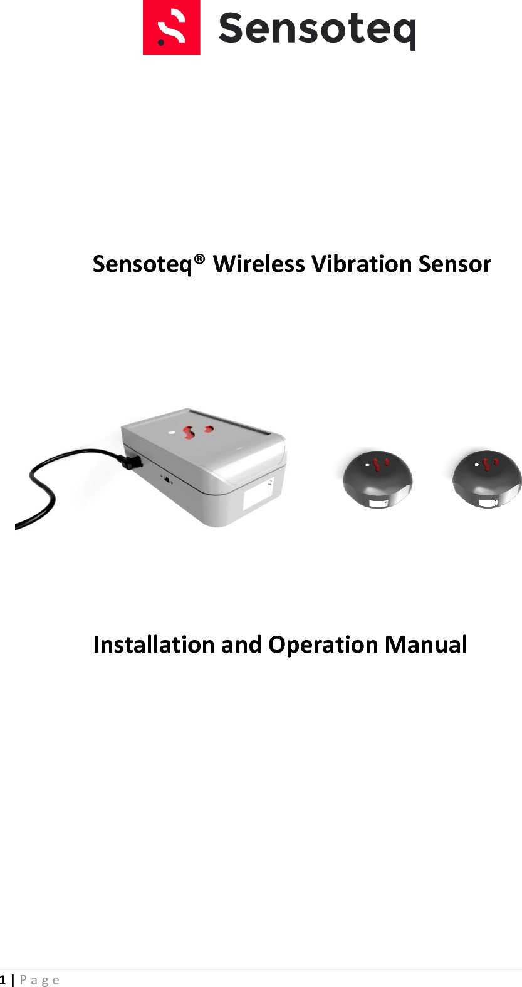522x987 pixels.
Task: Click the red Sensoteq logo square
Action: tap(171, 28)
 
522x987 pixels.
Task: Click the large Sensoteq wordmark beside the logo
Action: tap(316, 29)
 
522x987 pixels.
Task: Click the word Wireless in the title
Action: tap(259, 264)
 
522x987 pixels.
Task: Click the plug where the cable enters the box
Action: tap(132, 462)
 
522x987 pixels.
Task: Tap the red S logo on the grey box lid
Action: tap(189, 432)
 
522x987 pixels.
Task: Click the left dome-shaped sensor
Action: tap(377, 478)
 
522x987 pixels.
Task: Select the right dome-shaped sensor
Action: tap(487, 478)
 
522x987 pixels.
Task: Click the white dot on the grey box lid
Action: tap(171, 432)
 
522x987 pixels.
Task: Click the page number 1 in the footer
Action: tap(3, 980)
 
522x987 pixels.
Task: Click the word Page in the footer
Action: tap(39, 980)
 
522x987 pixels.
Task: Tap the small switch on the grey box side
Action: tap(167, 481)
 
